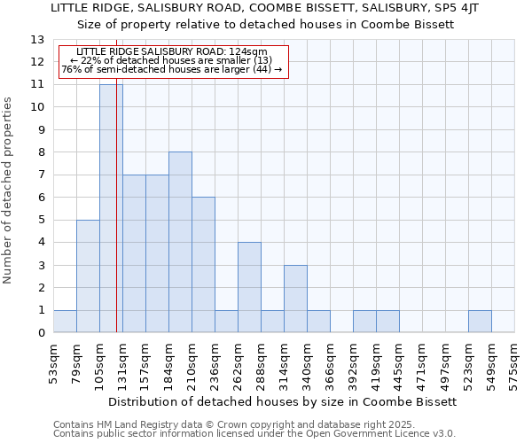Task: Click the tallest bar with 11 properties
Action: click(111, 208)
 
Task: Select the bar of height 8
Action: click(180, 242)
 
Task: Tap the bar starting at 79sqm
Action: click(88, 276)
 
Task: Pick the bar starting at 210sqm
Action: click(203, 265)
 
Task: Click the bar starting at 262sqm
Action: click(249, 287)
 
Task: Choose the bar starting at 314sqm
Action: click(295, 299)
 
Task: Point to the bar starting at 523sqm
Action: click(480, 322)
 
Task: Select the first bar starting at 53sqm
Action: click(65, 322)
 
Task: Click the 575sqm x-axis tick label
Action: click(515, 363)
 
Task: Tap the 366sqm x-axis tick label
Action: click(331, 363)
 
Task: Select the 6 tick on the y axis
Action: click(41, 198)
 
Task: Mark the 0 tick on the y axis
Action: click(41, 333)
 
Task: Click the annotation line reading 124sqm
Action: click(174, 52)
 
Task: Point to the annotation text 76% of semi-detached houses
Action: click(174, 69)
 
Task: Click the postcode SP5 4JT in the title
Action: click(460, 8)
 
